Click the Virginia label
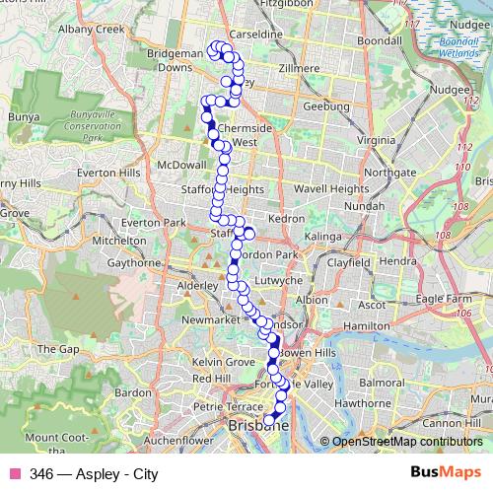coord(376,141)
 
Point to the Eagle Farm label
coord(445,299)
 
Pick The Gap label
coord(57,348)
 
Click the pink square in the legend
coord(13,474)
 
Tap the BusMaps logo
coord(446,473)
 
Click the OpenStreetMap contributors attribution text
coord(406,442)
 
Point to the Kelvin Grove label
coord(223,363)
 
